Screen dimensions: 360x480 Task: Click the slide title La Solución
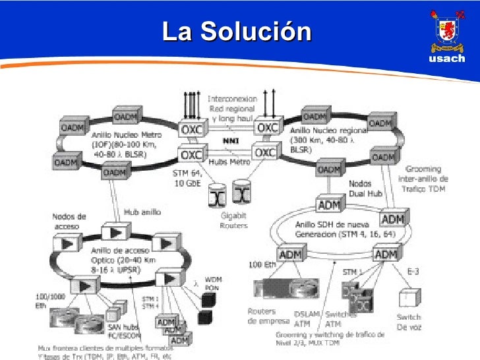pos(237,30)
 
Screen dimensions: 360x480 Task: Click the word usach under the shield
pos(446,59)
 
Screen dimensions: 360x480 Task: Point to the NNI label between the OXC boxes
pos(231,140)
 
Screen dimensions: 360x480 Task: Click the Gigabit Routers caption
pos(233,221)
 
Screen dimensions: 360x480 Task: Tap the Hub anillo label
pos(142,212)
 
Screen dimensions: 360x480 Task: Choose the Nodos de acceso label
pos(69,221)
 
